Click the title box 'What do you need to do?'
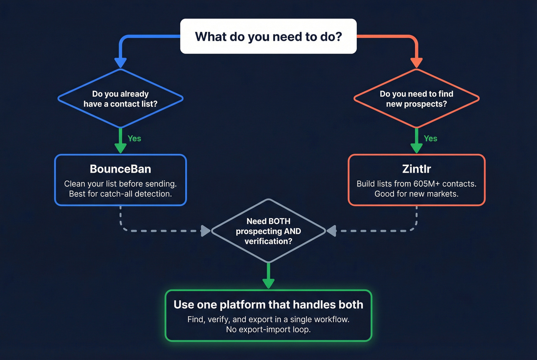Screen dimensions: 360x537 pos(268,36)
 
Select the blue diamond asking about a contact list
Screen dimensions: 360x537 pos(120,99)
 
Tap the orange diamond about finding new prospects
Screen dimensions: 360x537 pos(417,99)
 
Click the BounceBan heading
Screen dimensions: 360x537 pos(120,169)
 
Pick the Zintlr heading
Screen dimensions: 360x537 pos(417,169)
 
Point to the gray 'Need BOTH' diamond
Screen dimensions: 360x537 pos(268,231)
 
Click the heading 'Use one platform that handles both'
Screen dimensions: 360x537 pos(268,305)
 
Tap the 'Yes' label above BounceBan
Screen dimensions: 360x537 pos(134,139)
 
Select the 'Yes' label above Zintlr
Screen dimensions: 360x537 pos(430,139)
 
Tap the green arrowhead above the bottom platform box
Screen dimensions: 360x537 pos(268,283)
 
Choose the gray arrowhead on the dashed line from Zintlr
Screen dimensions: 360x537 pos(331,231)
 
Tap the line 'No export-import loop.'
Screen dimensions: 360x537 pos(268,330)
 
